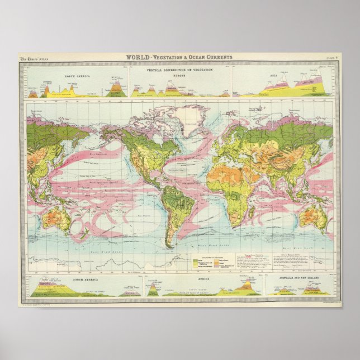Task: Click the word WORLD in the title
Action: coord(137,57)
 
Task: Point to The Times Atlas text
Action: coord(32,58)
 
